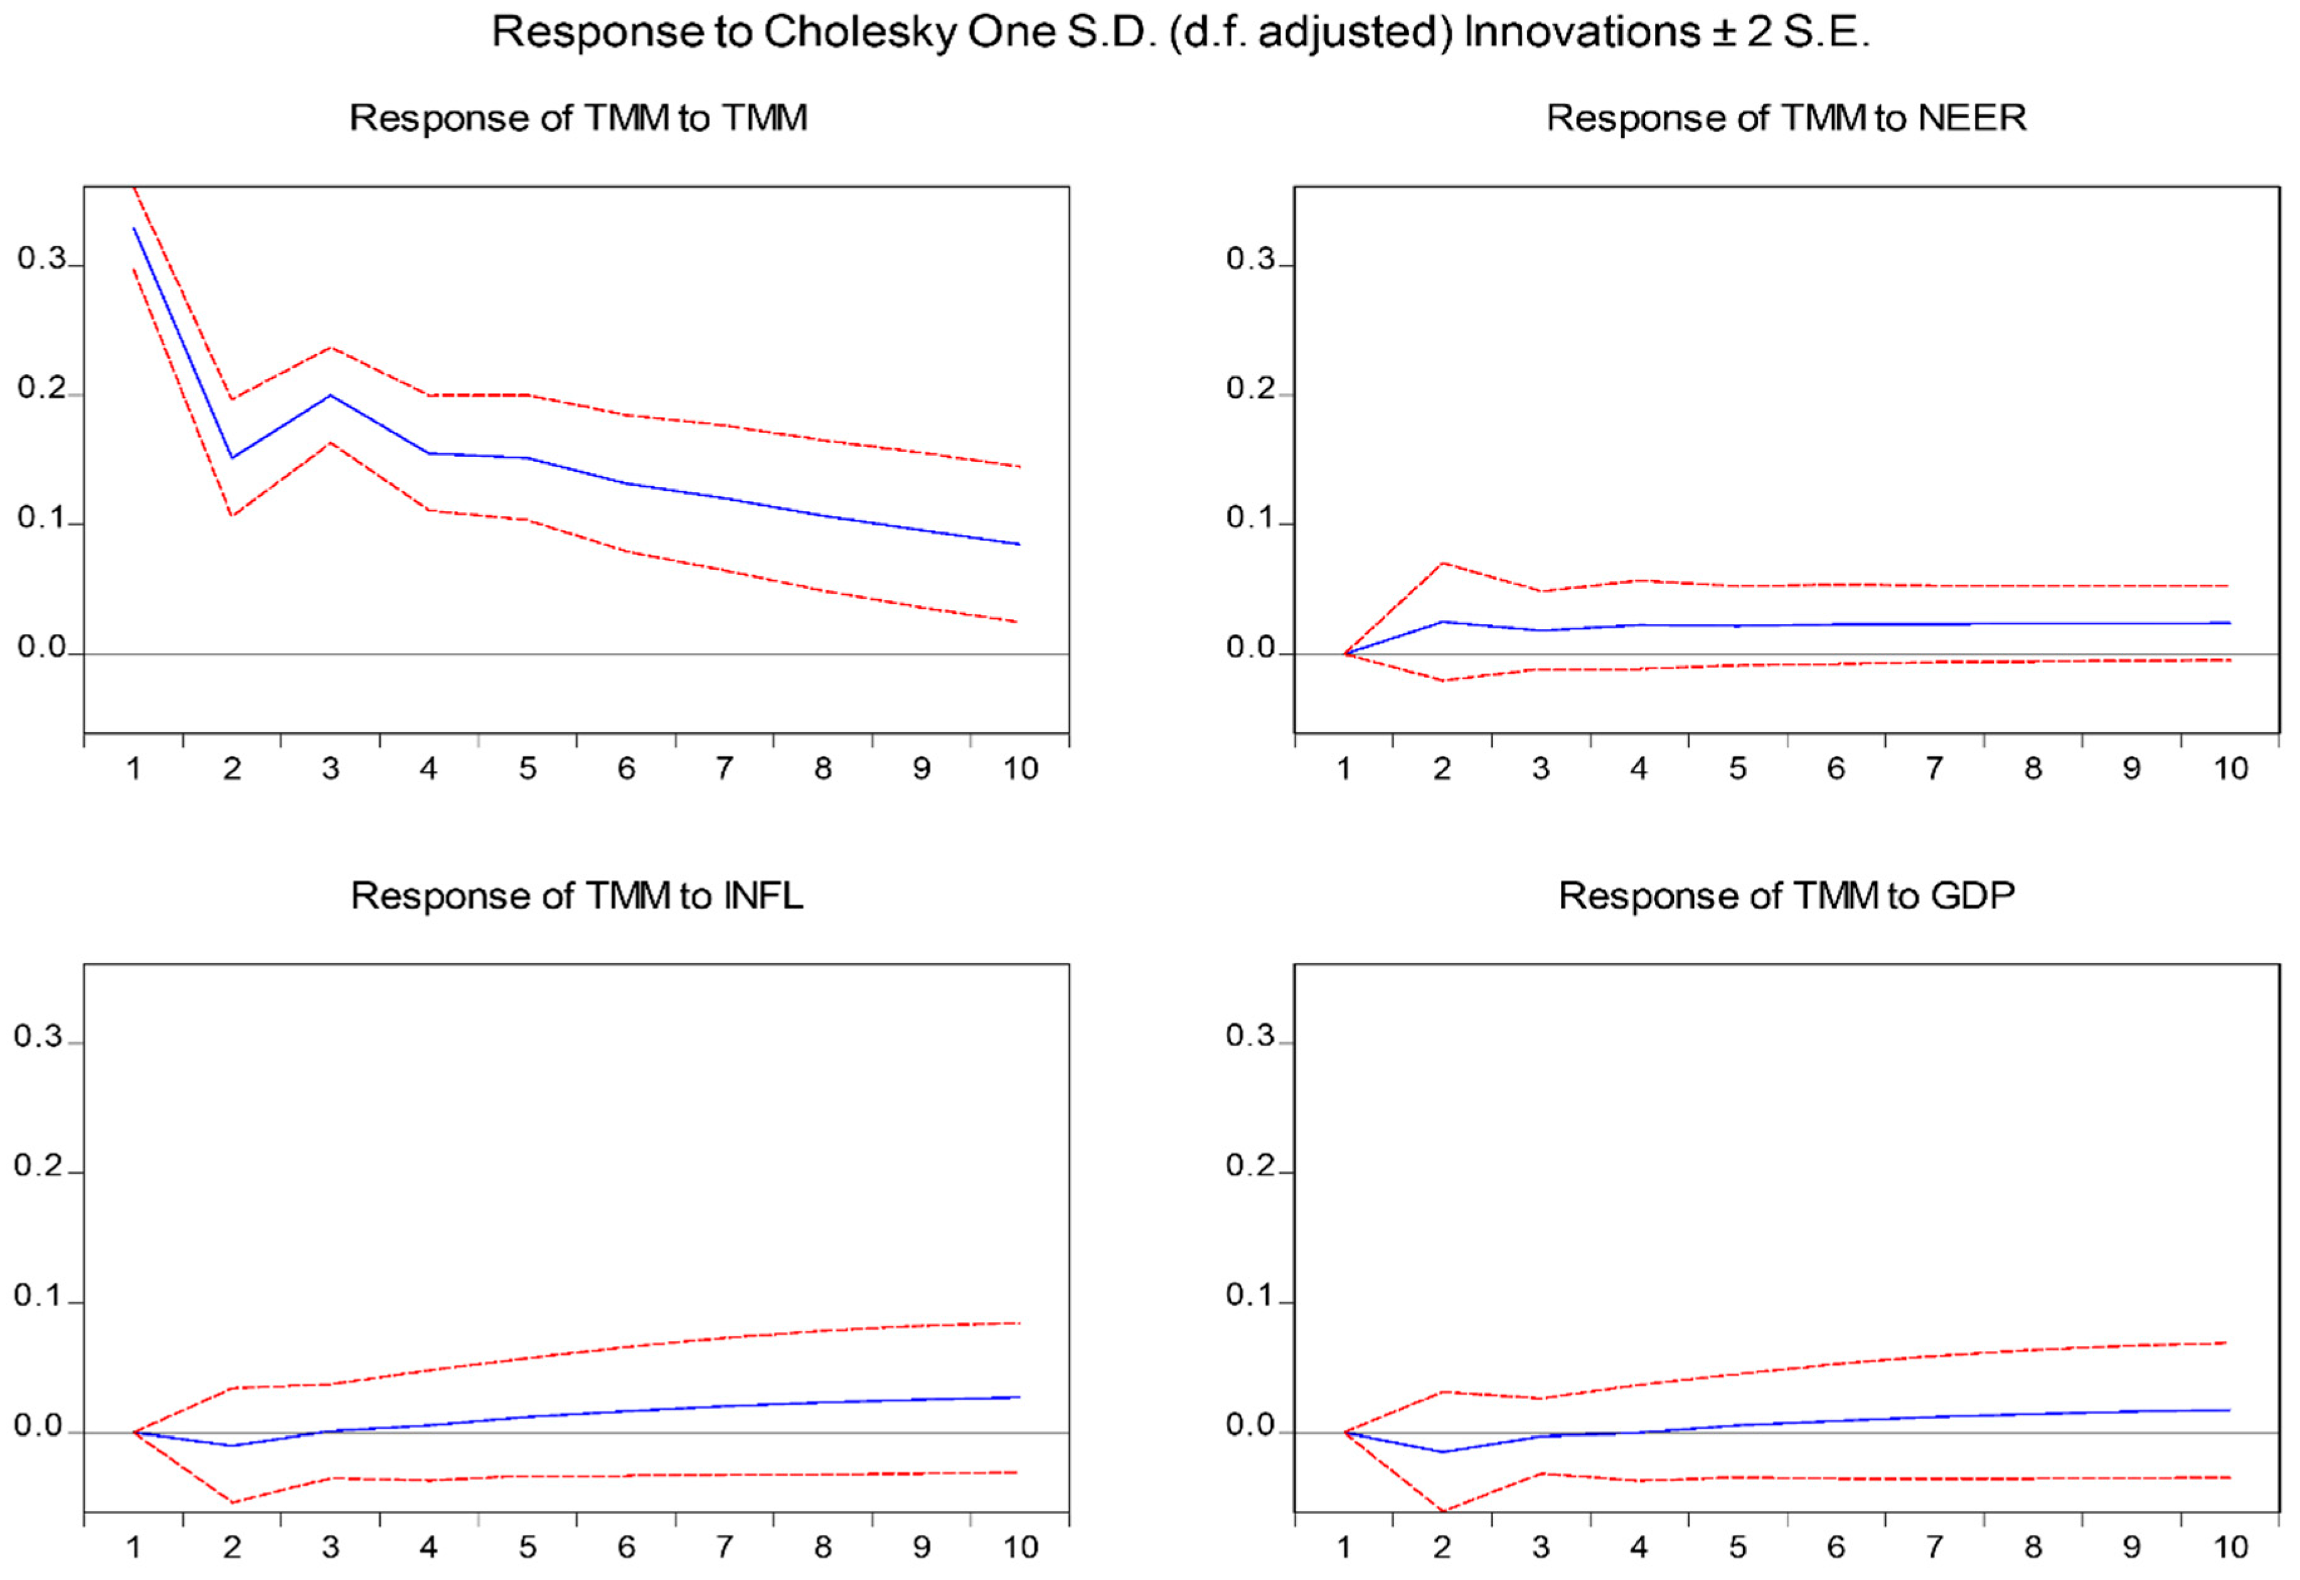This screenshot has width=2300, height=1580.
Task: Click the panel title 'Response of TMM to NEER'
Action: click(1786, 118)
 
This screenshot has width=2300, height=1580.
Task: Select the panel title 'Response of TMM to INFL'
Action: click(577, 896)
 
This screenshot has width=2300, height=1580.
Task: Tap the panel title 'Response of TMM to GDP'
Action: click(1786, 896)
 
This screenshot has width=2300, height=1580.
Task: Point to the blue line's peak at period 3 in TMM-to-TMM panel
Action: click(331, 395)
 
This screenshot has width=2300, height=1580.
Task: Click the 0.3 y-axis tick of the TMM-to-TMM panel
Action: click(41, 259)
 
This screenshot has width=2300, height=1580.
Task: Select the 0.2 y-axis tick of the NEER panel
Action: click(1251, 389)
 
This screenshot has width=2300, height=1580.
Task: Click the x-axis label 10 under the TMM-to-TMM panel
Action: click(1020, 769)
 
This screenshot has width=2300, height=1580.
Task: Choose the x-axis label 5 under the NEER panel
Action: click(1738, 769)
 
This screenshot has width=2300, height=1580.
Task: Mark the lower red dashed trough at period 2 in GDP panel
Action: click(1442, 1511)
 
